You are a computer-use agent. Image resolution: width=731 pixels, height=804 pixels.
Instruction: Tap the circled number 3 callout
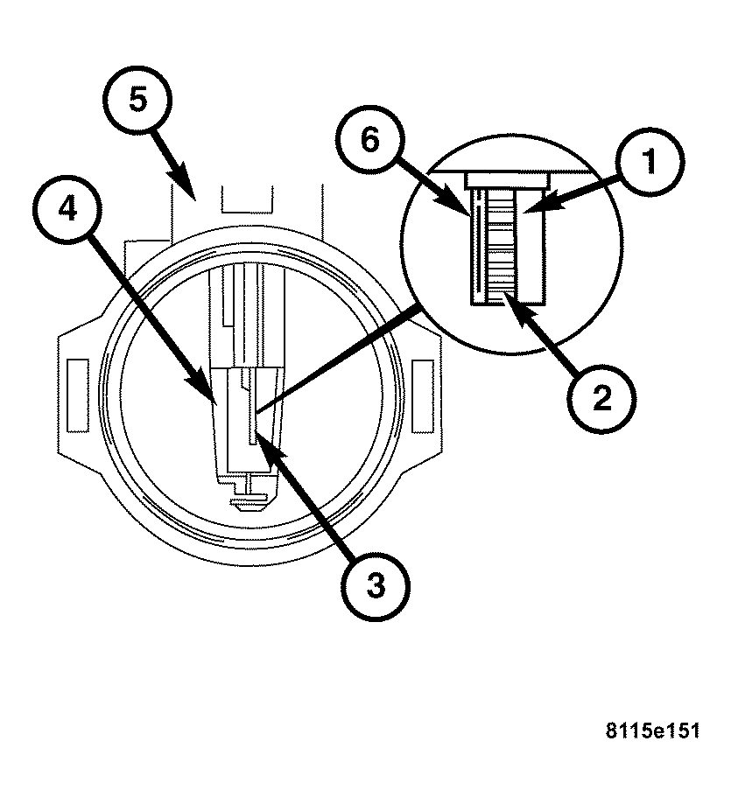tap(374, 585)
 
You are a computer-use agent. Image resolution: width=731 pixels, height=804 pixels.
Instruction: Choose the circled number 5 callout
tap(137, 101)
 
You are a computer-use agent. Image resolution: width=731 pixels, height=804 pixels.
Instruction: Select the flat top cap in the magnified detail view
tap(509, 178)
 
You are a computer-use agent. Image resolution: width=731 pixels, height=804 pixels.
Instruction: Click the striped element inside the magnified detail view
tap(502, 245)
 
